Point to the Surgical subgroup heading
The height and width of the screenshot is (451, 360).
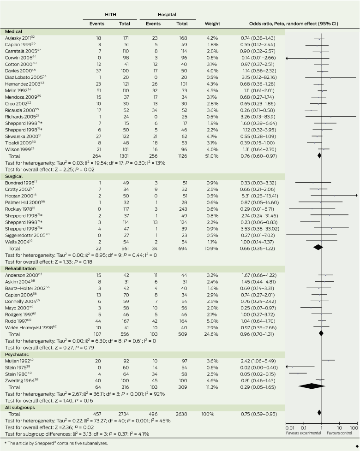13,177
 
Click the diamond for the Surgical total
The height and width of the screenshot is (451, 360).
318,247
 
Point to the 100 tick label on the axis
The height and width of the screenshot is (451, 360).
354,428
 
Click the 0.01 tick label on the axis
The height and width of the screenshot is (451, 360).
289,428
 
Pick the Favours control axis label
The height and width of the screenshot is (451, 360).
342,433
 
